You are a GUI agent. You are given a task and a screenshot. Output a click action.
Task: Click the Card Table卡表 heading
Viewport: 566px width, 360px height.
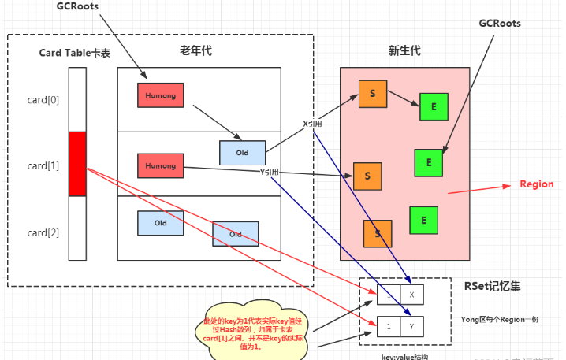pyautogui.click(x=75, y=53)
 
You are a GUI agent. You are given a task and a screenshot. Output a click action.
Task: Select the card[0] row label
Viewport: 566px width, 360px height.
pyautogui.click(x=43, y=100)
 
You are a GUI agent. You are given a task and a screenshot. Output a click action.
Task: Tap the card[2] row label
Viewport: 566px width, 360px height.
pyautogui.click(x=43, y=232)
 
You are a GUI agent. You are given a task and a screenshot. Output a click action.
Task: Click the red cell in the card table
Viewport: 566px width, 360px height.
pyautogui.click(x=77, y=164)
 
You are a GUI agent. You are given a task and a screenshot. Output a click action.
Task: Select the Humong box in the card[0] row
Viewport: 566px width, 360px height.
pyautogui.click(x=160, y=95)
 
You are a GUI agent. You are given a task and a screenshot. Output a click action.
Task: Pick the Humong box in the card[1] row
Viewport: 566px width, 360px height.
pyautogui.click(x=160, y=166)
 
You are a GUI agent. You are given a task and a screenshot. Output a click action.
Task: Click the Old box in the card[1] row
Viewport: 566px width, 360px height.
pyautogui.click(x=243, y=152)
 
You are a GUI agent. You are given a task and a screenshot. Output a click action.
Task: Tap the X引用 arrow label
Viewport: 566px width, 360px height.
pyautogui.click(x=313, y=124)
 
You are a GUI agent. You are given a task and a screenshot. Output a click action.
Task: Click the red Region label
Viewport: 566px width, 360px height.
pyautogui.click(x=536, y=184)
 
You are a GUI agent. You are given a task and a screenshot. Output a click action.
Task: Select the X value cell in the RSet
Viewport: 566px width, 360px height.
pyautogui.click(x=411, y=295)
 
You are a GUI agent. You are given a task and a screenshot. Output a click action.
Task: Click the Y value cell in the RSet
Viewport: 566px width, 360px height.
pyautogui.click(x=411, y=325)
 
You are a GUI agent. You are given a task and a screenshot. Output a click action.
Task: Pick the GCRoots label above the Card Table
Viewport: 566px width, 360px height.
pyautogui.click(x=76, y=7)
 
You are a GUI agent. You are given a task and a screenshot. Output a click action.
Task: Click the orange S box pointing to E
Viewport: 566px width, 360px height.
pyautogui.click(x=372, y=94)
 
